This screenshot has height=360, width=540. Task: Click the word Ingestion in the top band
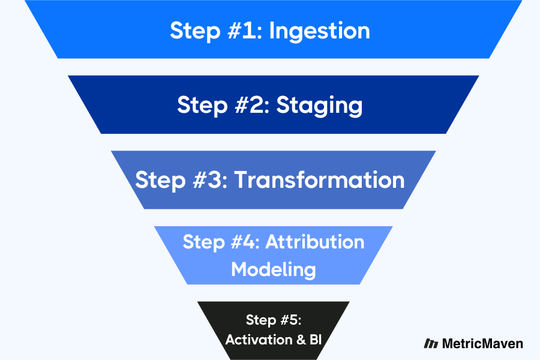(x=319, y=31)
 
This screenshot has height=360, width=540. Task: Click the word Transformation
(x=319, y=180)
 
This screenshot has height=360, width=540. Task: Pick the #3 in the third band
(x=206, y=180)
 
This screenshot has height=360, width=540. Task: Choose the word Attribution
(x=315, y=242)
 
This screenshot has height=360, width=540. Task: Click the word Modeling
(x=273, y=269)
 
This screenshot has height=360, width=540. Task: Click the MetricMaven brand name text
(x=482, y=344)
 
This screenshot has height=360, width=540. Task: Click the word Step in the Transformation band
(x=158, y=180)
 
